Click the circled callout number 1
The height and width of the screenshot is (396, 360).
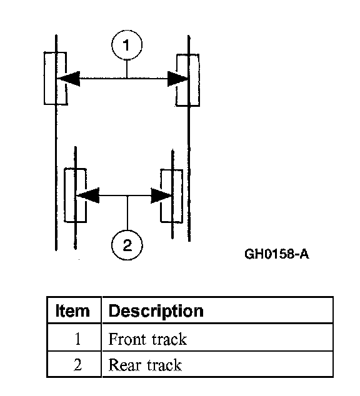(x=127, y=45)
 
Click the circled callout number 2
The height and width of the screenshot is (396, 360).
(x=127, y=245)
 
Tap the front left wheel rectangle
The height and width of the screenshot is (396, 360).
(x=45, y=78)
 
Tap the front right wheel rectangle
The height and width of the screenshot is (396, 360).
(x=198, y=80)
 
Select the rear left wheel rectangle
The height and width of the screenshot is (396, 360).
(x=65, y=196)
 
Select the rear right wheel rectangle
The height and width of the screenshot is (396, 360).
(x=181, y=196)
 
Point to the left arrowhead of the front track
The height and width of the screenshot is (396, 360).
(x=69, y=79)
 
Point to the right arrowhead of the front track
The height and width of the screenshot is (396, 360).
(x=178, y=79)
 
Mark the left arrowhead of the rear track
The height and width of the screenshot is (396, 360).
(x=88, y=196)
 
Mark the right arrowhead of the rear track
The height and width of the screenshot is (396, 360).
(x=161, y=196)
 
